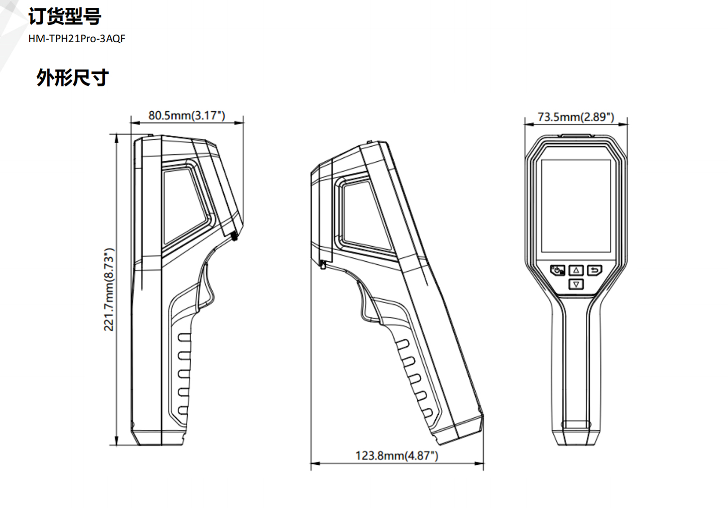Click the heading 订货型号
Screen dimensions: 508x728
click(65, 17)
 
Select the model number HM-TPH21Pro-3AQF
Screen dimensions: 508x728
click(77, 39)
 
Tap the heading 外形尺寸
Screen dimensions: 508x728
click(72, 78)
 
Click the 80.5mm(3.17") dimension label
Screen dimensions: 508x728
click(187, 116)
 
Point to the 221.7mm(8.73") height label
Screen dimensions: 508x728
click(109, 289)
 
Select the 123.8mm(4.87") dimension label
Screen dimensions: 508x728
click(397, 456)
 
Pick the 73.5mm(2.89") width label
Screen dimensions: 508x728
click(576, 117)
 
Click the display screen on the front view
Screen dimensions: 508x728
click(576, 205)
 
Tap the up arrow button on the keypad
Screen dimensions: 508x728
click(576, 270)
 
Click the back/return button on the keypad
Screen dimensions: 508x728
click(595, 270)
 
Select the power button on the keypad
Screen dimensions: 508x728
click(557, 270)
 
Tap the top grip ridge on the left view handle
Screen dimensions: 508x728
click(184, 337)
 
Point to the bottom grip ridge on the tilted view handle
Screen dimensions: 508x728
click(428, 413)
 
